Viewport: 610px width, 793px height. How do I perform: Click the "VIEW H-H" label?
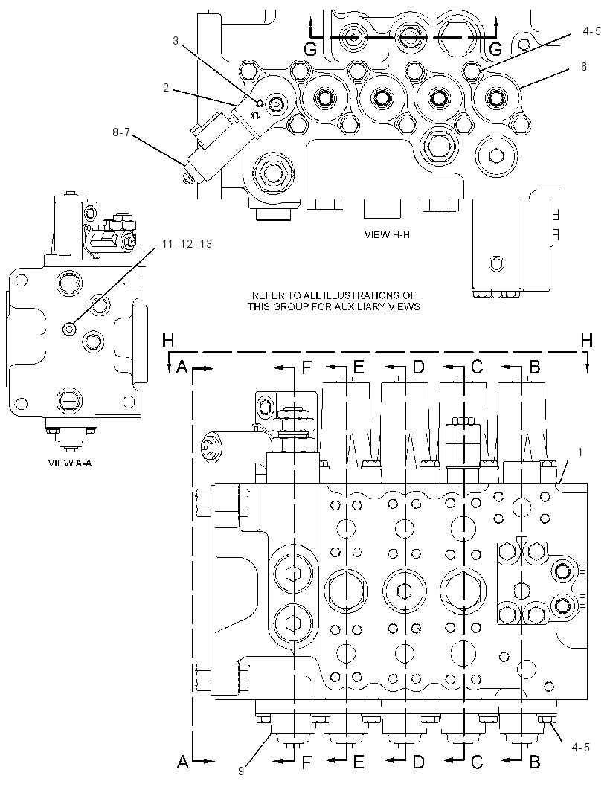pos(387,234)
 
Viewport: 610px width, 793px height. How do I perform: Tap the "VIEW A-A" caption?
pos(70,462)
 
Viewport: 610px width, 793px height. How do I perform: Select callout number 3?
pos(176,40)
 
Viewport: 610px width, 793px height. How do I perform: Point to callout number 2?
pos(165,88)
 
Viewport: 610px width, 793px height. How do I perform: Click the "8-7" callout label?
pos(122,132)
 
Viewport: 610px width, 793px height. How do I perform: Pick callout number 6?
pos(584,67)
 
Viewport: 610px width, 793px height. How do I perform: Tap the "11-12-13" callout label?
pos(187,244)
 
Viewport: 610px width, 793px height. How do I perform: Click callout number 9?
pos(241,771)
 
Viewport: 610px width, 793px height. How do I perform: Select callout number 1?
pos(579,452)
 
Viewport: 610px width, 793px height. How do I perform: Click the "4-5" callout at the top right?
pos(592,31)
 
